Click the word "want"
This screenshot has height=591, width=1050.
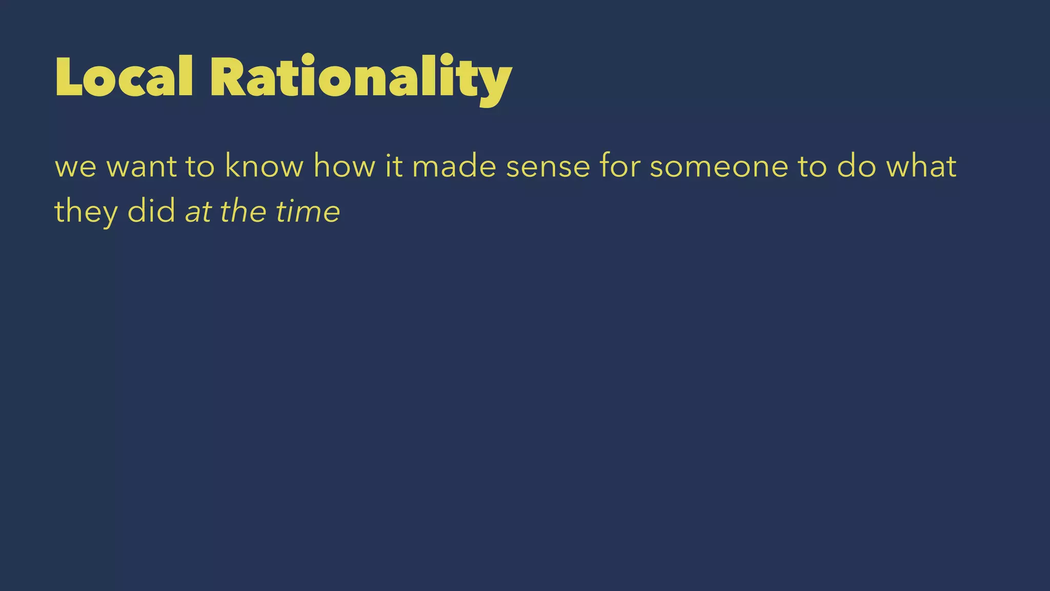[142, 167]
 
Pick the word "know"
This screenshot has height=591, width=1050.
[264, 167]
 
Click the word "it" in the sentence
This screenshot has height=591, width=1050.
[394, 167]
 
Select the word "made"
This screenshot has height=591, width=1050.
[454, 167]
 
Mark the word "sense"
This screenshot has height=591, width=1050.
[548, 167]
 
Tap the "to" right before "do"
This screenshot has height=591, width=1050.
[813, 167]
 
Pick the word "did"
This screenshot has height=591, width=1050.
[151, 211]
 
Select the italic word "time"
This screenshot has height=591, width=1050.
[308, 211]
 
